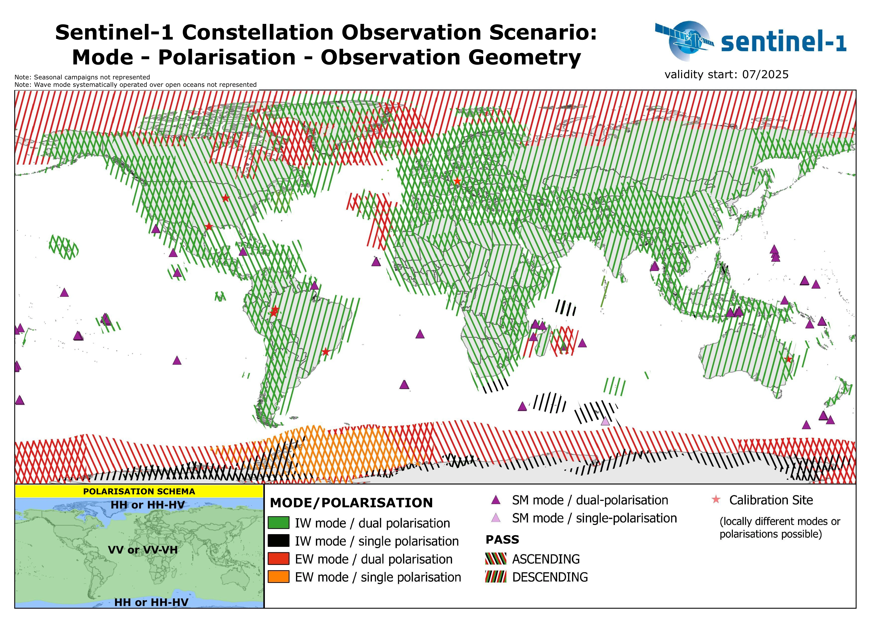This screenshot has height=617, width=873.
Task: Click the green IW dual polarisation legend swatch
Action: (278, 523)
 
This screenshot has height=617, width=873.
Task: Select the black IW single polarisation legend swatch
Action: (278, 541)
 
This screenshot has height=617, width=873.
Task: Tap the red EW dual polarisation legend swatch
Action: (278, 559)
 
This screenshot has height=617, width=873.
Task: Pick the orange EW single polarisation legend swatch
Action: (278, 577)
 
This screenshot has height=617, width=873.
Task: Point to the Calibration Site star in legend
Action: (716, 500)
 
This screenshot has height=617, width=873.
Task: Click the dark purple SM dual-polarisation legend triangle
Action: (496, 500)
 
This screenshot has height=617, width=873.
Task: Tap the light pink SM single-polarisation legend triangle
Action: (496, 518)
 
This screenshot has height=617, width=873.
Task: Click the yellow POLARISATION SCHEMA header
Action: (139, 491)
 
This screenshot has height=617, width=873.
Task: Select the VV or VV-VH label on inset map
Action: (143, 550)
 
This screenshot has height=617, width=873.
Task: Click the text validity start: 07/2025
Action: (726, 74)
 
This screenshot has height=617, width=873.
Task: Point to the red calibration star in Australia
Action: (788, 359)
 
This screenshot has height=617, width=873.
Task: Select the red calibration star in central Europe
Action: (457, 181)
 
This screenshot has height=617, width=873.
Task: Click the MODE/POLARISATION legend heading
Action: (351, 503)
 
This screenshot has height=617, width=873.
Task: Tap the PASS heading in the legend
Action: (502, 539)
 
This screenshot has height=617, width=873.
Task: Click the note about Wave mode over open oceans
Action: (135, 85)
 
